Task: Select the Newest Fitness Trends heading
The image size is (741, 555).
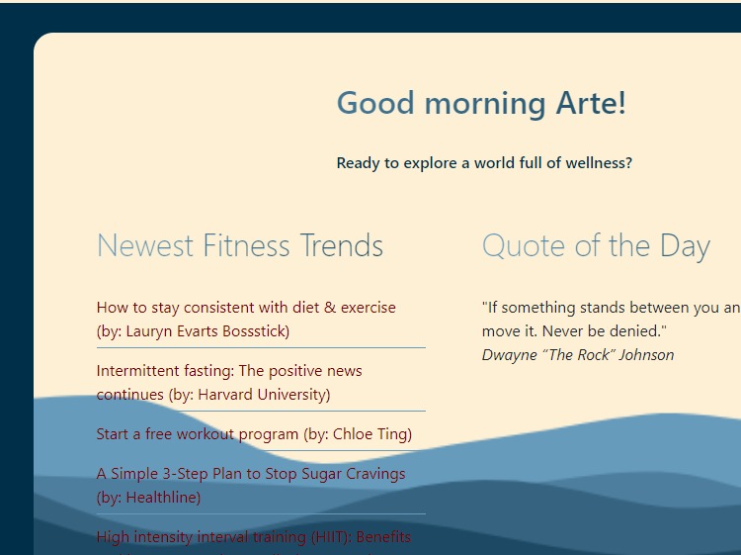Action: (x=239, y=245)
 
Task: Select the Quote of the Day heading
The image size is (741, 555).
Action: (x=596, y=245)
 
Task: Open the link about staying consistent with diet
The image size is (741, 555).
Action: (x=245, y=308)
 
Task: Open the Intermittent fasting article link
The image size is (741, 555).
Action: (x=229, y=371)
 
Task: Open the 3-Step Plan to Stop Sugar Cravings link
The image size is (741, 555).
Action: (x=251, y=474)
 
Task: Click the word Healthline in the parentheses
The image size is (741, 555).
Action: (x=156, y=498)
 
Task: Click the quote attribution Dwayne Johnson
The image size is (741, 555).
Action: (x=578, y=355)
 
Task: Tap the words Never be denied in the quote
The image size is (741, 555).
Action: (x=598, y=331)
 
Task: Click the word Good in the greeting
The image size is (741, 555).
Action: (x=372, y=103)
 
